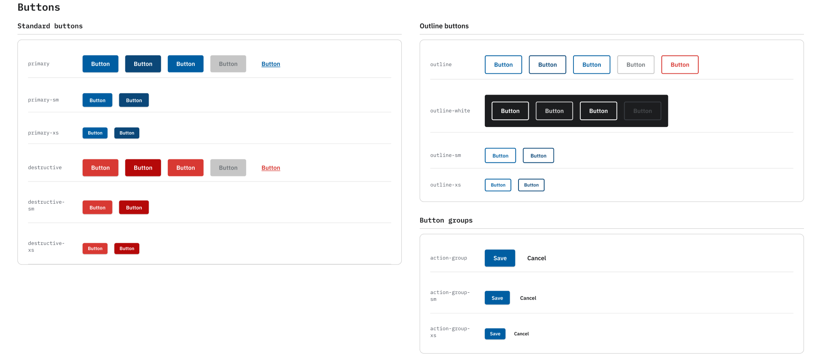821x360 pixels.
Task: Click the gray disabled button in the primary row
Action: (x=228, y=64)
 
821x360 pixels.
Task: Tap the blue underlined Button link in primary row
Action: (x=271, y=64)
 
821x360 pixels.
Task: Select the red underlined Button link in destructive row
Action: (x=271, y=168)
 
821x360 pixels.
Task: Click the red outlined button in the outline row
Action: (x=680, y=65)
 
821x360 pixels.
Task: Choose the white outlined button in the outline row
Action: (x=635, y=65)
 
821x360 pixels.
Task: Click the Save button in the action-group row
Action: (x=500, y=258)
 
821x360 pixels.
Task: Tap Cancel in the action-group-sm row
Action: (x=528, y=298)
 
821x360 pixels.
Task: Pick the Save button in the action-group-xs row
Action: (x=495, y=334)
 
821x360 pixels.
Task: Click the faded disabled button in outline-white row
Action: (x=642, y=111)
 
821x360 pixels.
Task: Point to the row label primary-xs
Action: (x=43, y=133)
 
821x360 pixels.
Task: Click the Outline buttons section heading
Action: (x=444, y=26)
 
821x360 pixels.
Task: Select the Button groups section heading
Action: (x=446, y=220)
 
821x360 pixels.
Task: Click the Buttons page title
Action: (x=39, y=7)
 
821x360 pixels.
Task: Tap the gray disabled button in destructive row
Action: (x=228, y=168)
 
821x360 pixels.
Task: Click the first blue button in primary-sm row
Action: (x=97, y=101)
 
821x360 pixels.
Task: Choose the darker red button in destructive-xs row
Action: (x=127, y=249)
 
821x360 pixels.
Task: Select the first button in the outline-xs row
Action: (x=498, y=185)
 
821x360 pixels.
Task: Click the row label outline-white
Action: (x=450, y=111)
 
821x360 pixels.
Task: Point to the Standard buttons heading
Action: (x=50, y=26)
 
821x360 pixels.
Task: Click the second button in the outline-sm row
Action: (x=538, y=156)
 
